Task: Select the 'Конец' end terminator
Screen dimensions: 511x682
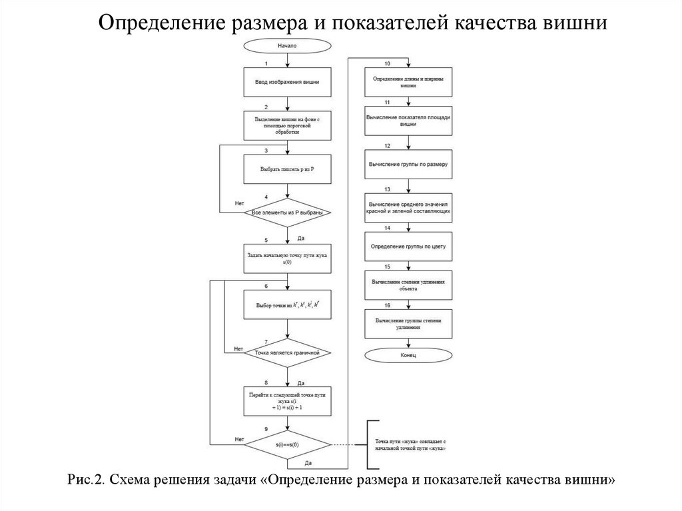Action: pyautogui.click(x=409, y=356)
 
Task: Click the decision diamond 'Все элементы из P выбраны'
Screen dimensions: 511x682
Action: pyautogui.click(x=287, y=213)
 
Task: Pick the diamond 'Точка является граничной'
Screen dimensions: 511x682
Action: pyautogui.click(x=287, y=351)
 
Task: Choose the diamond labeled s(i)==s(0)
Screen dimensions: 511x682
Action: pyautogui.click(x=287, y=444)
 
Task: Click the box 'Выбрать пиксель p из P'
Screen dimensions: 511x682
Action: pyautogui.click(x=287, y=169)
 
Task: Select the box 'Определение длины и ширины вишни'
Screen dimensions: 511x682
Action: pyautogui.click(x=409, y=82)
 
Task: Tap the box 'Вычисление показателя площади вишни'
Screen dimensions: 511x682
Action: pyautogui.click(x=409, y=121)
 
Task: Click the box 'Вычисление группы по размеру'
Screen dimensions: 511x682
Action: pyautogui.click(x=409, y=163)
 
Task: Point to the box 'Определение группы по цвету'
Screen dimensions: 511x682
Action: pyautogui.click(x=409, y=247)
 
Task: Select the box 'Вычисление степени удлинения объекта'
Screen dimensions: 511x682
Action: pyautogui.click(x=409, y=285)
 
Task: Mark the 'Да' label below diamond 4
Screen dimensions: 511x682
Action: pyautogui.click(x=301, y=238)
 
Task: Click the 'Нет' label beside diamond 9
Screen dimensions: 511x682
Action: pyautogui.click(x=238, y=439)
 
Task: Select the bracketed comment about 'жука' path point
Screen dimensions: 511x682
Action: pyautogui.click(x=410, y=445)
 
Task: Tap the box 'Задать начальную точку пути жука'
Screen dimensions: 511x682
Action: pyautogui.click(x=287, y=257)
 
